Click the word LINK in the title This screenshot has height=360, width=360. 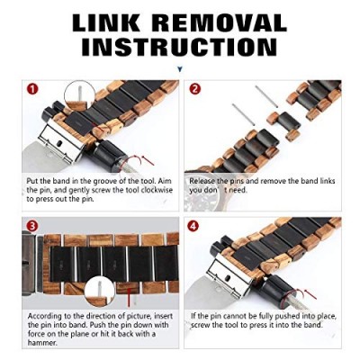click(x=106, y=23)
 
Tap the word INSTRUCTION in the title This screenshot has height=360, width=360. click(x=180, y=47)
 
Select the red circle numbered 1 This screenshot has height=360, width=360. click(x=32, y=89)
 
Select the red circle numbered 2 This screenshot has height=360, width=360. click(x=195, y=89)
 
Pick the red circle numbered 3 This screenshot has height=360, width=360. click(x=32, y=225)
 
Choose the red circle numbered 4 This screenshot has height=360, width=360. click(x=193, y=225)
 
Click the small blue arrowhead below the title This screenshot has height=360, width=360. click(x=180, y=69)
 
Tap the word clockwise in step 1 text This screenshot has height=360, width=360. click(x=157, y=190)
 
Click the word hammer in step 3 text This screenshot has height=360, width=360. click(x=42, y=343)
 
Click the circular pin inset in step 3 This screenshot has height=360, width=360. click(x=99, y=292)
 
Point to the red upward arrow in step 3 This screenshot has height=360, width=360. click(x=129, y=297)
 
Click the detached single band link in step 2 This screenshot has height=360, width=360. click(x=283, y=122)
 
